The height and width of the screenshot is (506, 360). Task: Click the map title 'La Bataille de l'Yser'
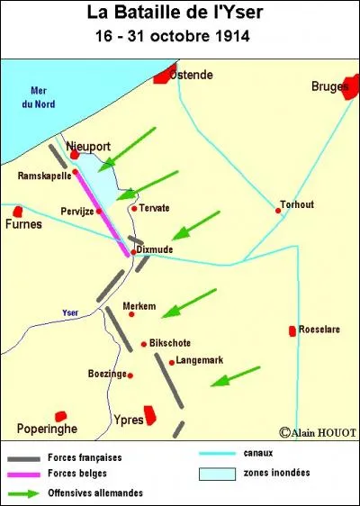[x=180, y=14]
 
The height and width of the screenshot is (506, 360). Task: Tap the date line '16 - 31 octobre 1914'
[x=180, y=37]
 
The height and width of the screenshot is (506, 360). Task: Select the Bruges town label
[x=329, y=86]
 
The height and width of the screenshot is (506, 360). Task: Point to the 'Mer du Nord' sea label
[x=39, y=97]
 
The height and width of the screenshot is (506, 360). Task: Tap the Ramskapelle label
[x=43, y=176]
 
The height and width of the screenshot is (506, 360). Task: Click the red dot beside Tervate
[x=134, y=208]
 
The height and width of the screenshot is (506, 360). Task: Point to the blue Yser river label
[x=70, y=312]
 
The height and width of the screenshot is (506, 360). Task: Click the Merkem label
[x=139, y=305]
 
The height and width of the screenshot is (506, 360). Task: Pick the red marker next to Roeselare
[x=292, y=331]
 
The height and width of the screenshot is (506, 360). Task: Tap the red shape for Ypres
[x=150, y=415]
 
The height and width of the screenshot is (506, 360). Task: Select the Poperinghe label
[x=46, y=429]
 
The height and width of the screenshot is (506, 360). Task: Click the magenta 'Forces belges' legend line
[x=33, y=474]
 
